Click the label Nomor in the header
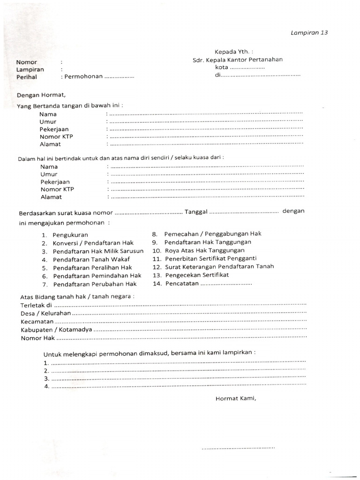click(x=27, y=62)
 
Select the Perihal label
click(x=27, y=77)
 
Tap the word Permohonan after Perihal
click(x=83, y=76)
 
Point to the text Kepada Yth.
click(x=233, y=52)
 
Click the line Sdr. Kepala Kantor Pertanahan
click(x=238, y=60)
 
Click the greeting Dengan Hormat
click(x=41, y=95)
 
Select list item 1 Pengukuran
click(x=70, y=235)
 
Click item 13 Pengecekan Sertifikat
click(x=197, y=275)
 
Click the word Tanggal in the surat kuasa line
click(x=196, y=212)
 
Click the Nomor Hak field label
click(x=37, y=337)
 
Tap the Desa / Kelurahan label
click(x=45, y=313)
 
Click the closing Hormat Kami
click(x=236, y=399)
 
